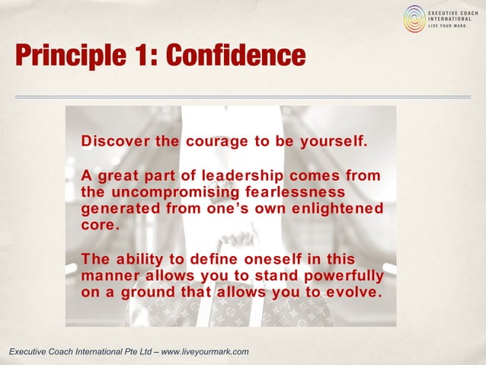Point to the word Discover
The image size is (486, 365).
coord(115,142)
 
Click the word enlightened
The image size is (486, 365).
coord(341,208)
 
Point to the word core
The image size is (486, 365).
coord(100,226)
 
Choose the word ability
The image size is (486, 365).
coord(143,260)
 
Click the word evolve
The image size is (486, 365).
coord(352,290)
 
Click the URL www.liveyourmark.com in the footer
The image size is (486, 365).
coord(205,351)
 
